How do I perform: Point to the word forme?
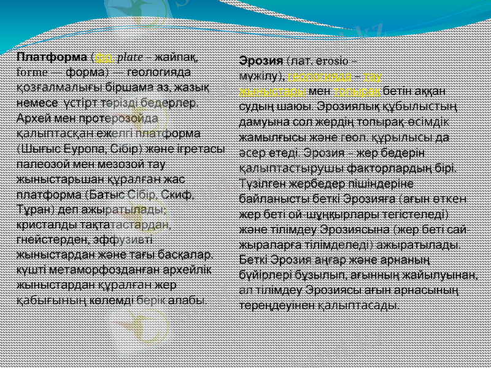[x=30, y=72]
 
